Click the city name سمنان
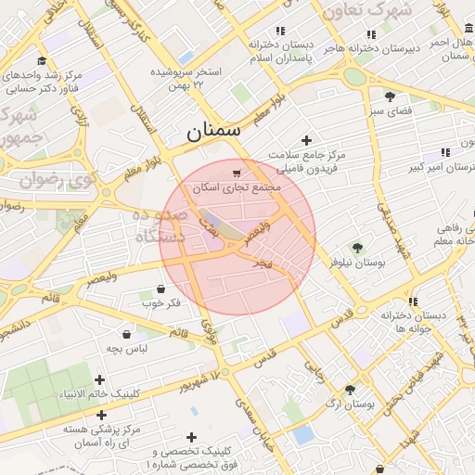(x=212, y=131)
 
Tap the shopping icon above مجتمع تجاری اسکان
(x=237, y=172)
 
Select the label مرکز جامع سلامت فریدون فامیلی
(x=307, y=161)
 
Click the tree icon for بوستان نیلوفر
(x=356, y=248)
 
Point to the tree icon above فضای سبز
(x=390, y=96)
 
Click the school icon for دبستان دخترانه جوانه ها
(x=413, y=302)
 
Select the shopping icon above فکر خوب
(x=161, y=289)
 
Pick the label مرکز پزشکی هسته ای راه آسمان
(x=102, y=436)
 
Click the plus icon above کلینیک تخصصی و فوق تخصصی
(x=191, y=437)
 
